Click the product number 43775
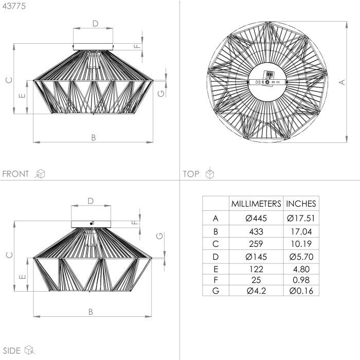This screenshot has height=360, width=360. [14, 6]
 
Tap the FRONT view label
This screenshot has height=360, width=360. [15, 174]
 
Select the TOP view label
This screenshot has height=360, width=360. [191, 174]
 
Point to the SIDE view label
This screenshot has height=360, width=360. [11, 351]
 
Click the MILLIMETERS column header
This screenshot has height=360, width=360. [256, 204]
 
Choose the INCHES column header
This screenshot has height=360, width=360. [301, 204]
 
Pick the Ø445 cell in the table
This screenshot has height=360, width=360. [256, 218]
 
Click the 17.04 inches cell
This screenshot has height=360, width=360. [301, 231]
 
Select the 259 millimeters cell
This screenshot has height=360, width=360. [256, 244]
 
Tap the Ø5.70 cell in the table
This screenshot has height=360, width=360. [301, 257]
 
